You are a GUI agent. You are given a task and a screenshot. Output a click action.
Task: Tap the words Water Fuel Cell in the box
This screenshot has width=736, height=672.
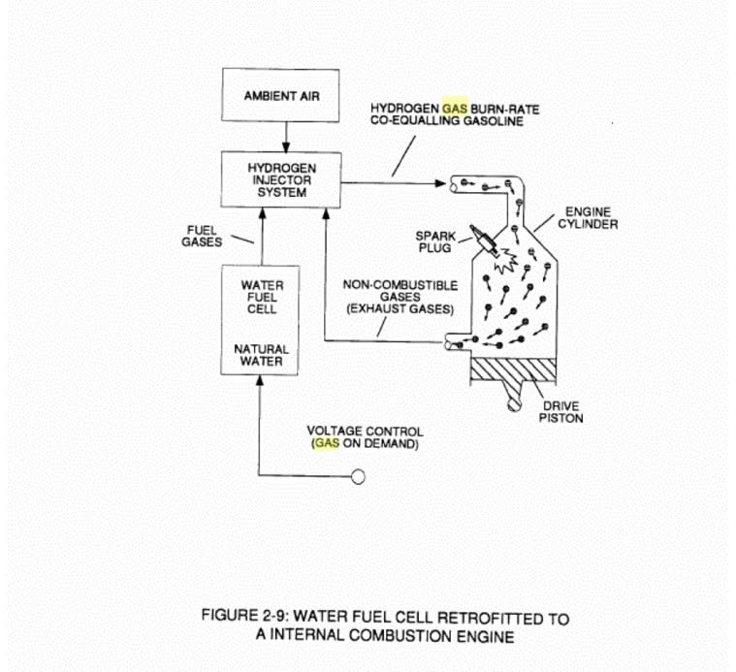coord(262,297)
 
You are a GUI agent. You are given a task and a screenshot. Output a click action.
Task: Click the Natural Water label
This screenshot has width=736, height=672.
coord(261,355)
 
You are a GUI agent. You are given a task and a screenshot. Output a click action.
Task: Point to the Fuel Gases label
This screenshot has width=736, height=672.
coord(202,236)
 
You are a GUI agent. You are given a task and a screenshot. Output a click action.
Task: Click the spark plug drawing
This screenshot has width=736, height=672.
coord(485,240)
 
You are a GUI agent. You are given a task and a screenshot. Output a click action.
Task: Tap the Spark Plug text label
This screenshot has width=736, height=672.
coord(435,241)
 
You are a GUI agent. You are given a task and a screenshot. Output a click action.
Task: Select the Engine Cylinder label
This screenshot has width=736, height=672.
coord(588,218)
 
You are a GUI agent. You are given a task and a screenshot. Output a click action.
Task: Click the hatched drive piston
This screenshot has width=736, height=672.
coord(514,369)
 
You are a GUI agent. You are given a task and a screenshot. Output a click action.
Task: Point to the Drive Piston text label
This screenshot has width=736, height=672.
coord(560,412)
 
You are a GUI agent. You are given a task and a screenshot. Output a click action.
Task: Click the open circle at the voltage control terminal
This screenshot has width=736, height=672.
coord(358,477)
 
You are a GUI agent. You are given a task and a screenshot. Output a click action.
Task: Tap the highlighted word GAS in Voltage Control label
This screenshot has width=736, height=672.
coord(327,443)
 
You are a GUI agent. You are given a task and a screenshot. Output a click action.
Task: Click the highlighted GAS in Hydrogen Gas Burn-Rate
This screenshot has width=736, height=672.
coord(455,109)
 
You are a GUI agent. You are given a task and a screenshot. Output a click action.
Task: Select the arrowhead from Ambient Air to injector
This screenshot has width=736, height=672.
coord(286,146)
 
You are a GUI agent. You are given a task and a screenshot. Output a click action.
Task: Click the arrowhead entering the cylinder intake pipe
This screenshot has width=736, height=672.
coord(440,183)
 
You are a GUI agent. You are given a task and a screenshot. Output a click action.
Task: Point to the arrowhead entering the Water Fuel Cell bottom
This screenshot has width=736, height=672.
coord(260,380)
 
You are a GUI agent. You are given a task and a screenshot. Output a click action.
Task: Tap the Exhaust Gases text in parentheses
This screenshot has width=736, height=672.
coord(400,309)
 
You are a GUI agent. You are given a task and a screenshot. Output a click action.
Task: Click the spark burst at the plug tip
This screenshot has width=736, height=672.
coord(506,261)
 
